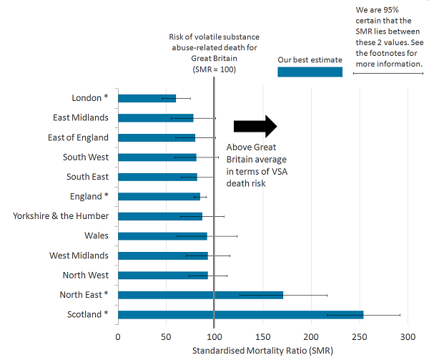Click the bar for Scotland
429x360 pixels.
click(240, 314)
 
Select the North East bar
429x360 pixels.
click(200, 294)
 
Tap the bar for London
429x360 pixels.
click(147, 98)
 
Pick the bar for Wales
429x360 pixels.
click(162, 235)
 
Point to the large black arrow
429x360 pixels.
click(255, 126)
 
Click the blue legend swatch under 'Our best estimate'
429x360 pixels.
click(310, 72)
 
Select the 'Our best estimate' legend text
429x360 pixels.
click(310, 59)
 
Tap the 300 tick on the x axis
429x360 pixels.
click(408, 336)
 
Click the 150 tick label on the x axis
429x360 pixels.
click(262, 336)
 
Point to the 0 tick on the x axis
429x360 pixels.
click(118, 336)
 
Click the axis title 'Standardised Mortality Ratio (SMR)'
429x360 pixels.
click(262, 351)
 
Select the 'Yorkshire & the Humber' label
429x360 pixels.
click(61, 216)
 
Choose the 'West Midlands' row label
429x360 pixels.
click(79, 256)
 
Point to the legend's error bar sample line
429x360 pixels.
click(388, 72)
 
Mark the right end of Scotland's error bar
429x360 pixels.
click(400, 314)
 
